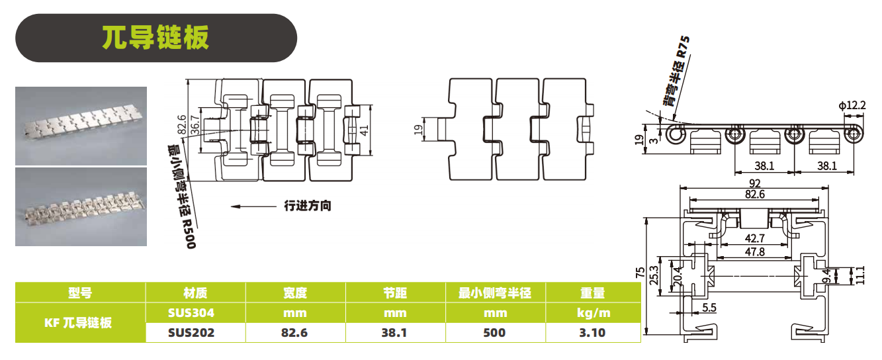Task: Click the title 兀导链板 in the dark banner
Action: [155, 38]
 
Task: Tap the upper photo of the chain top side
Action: [81, 126]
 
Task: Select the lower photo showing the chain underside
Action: [81, 207]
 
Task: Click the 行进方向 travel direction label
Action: [308, 206]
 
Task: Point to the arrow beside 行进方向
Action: [253, 206]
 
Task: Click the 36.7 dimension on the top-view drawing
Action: [195, 125]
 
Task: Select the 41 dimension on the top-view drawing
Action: [364, 130]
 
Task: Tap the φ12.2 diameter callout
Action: [852, 106]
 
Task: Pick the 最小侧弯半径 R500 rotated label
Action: [181, 197]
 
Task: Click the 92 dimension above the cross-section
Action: [754, 183]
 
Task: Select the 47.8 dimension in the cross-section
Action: [754, 251]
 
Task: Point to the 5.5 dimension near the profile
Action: [709, 308]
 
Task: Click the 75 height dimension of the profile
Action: [640, 272]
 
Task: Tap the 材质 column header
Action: [195, 293]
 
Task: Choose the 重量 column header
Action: [593, 293]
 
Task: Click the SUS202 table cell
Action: [191, 333]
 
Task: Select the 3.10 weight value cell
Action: [592, 333]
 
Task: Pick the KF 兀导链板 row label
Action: [78, 322]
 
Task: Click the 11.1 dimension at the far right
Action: [861, 275]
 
